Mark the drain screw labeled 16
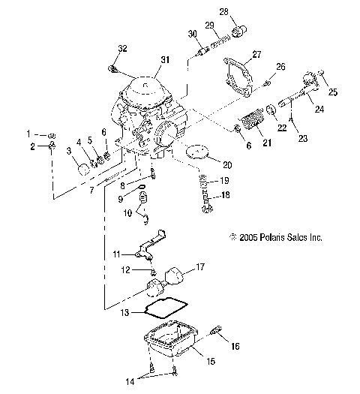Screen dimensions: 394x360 [x=218, y=331]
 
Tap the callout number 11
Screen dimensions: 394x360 [x=117, y=256]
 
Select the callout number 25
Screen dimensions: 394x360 [x=333, y=92]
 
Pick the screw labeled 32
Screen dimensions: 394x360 [x=114, y=70]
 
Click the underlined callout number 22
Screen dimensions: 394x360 [x=282, y=128]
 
